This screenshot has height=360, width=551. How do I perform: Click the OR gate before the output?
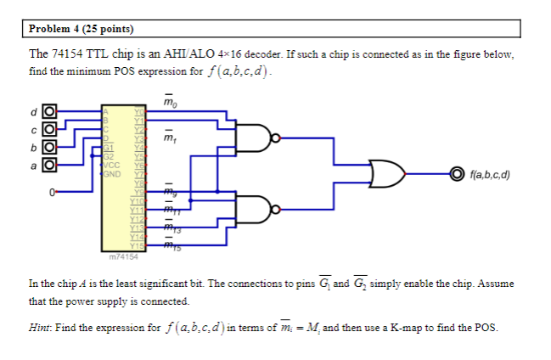[x=387, y=176]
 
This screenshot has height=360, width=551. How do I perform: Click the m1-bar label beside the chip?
[x=169, y=137]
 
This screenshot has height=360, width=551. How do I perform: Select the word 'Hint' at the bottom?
[x=41, y=327]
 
